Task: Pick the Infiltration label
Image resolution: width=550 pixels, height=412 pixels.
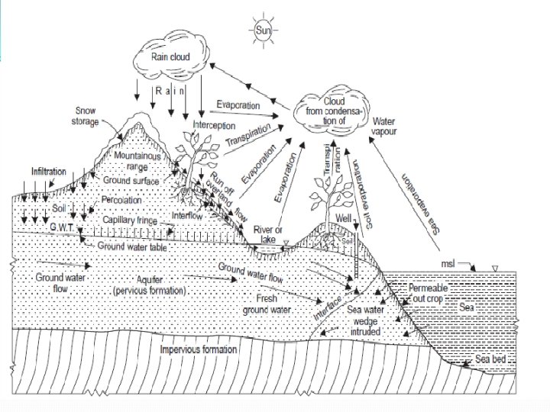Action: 49,171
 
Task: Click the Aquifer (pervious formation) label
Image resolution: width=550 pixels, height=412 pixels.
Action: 149,286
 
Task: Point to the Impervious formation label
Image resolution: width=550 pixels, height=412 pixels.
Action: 199,350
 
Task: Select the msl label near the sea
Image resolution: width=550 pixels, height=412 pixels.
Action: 450,263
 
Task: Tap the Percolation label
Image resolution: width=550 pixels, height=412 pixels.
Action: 123,199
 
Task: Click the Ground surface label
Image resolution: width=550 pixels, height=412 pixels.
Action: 131,181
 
